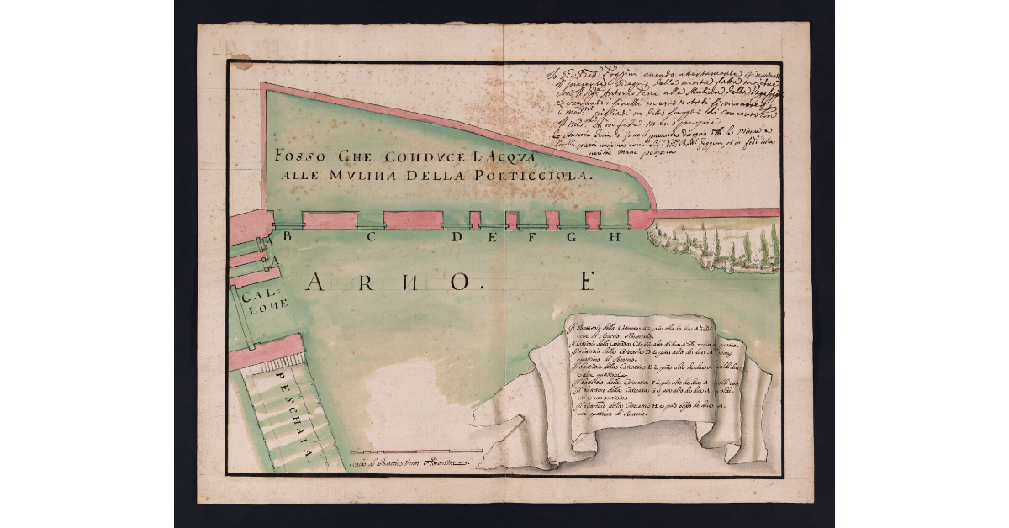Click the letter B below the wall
[287, 236]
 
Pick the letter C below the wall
[370, 236]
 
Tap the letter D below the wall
[457, 236]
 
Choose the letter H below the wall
[615, 236]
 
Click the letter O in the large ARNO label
[459, 282]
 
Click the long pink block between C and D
[413, 220]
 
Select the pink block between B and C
[329, 220]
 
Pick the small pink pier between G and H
[593, 220]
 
